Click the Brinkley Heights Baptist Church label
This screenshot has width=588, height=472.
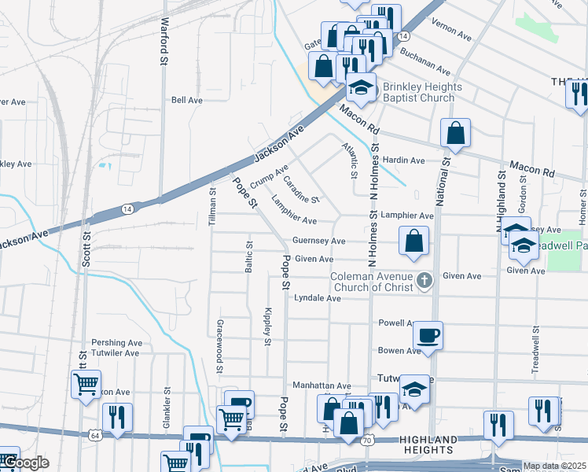pos(418,92)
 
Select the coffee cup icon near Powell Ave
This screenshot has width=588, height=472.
pos(428,335)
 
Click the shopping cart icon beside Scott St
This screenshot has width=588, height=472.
pos(86,385)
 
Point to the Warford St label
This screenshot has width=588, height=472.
pos(164,41)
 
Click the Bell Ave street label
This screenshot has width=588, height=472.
pos(187,101)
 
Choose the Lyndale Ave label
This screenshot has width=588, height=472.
pos(318,299)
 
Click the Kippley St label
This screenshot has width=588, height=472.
pos(267,326)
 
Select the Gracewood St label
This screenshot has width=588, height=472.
pos(221,337)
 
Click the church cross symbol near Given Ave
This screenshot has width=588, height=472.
pos(424,280)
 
